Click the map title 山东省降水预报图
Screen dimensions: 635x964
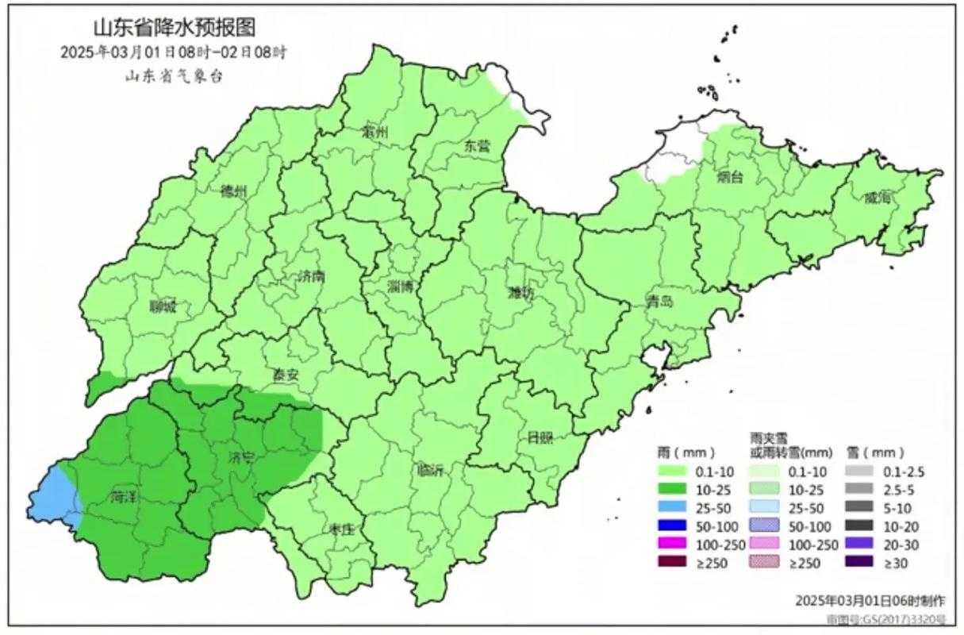[x=175, y=29]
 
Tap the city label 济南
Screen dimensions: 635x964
[x=312, y=276]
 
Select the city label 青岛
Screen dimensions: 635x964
[x=659, y=301]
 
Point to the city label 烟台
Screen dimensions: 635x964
[x=730, y=178]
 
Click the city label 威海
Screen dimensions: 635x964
[x=878, y=198]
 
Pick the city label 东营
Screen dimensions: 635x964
[x=477, y=146]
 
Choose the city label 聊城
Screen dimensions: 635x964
[x=163, y=307]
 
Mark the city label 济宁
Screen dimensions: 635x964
[x=241, y=458]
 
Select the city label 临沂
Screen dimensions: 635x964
[x=430, y=469]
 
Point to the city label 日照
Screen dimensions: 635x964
[x=540, y=437]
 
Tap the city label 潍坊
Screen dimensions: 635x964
[x=521, y=292]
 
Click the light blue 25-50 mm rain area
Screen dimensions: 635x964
[x=53, y=496]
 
